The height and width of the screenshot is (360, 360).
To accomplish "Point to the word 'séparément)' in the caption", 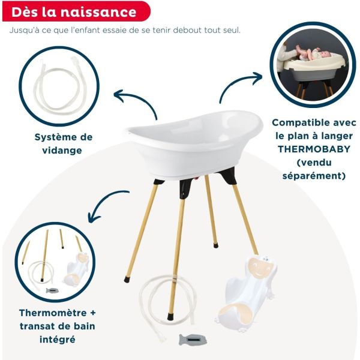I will click(314, 176).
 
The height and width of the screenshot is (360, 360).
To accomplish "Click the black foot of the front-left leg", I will click(127, 279).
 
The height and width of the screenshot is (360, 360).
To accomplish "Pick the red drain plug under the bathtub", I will click(194, 178).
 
